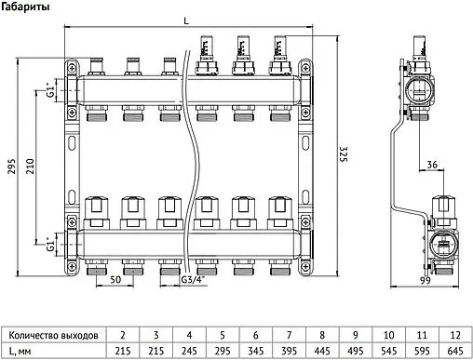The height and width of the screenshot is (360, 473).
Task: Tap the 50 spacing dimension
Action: (x=115, y=279)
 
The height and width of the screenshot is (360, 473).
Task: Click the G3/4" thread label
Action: (x=194, y=280)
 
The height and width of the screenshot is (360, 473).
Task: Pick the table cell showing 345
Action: (x=254, y=350)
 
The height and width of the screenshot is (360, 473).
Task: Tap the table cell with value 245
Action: (x=188, y=350)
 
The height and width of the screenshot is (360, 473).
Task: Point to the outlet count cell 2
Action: (x=123, y=332)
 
